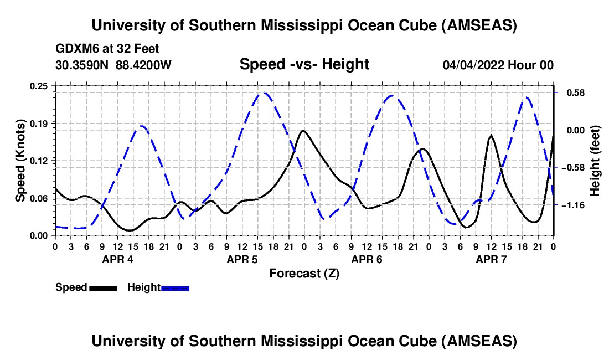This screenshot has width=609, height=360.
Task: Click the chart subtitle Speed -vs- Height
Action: pos(304,64)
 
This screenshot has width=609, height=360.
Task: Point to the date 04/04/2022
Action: pos(473,65)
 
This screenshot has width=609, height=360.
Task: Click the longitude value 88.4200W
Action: pos(144,65)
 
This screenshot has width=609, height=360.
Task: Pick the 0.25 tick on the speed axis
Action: pos(39,86)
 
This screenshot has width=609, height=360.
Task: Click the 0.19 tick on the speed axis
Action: pos(39,123)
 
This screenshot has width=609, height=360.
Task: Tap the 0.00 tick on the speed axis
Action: pos(39,235)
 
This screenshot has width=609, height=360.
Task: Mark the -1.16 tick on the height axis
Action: pos(574,205)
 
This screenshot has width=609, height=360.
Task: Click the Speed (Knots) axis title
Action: pos(20,161)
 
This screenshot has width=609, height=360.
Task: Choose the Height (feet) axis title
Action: pos(595,161)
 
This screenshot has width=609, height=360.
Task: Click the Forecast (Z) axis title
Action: pos(304,273)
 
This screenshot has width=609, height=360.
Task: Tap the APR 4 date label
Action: pos(117,259)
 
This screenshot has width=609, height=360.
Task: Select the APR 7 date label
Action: pos(491,259)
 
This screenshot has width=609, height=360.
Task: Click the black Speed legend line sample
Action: pos(103,287)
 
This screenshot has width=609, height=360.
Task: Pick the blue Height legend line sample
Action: pos(175,287)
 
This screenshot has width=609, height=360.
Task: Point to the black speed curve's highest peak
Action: pos(302,131)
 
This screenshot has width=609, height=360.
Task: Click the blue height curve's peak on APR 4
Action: pos(142,126)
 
